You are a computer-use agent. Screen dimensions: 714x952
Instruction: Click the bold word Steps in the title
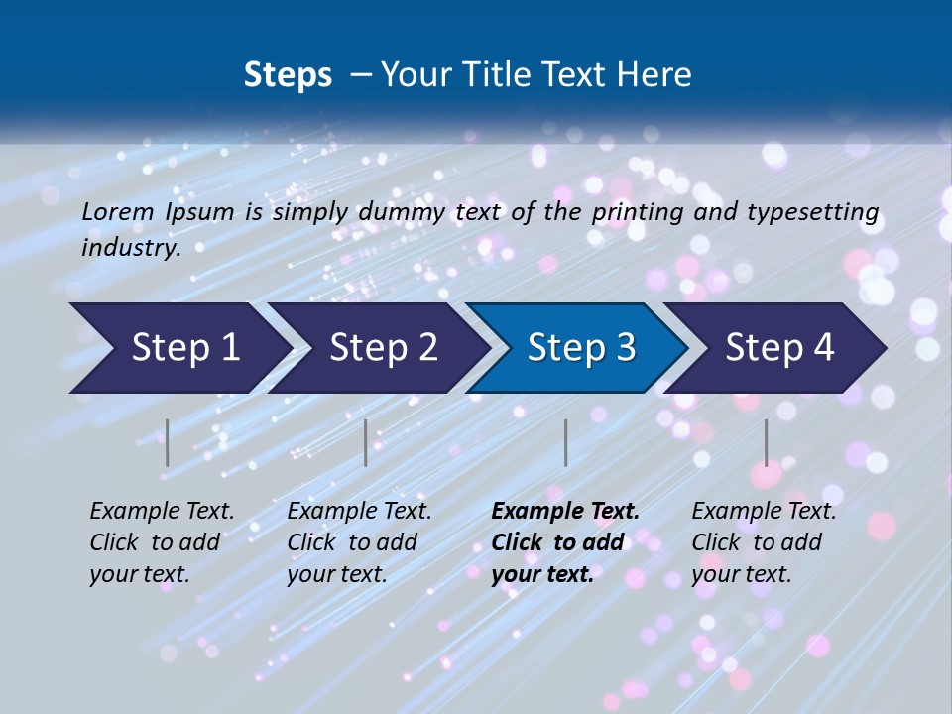pos(288,75)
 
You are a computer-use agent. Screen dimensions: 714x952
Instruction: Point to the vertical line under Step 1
pos(168,442)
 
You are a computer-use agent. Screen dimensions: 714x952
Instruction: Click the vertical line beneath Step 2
pos(366,442)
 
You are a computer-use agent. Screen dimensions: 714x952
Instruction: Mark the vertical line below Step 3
pos(566,442)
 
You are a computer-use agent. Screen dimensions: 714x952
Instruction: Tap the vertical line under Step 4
pos(766,442)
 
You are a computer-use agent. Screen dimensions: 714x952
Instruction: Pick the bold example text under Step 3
pos(564,542)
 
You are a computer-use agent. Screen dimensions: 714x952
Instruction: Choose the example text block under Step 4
pos(764,542)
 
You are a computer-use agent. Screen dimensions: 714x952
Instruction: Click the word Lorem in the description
pos(118,212)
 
